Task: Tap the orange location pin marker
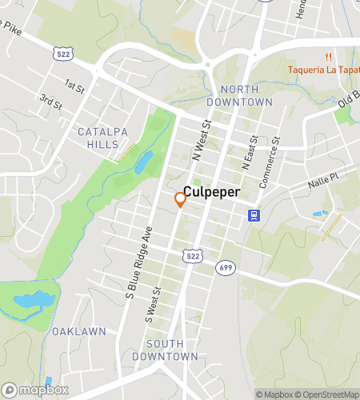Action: [x=181, y=200]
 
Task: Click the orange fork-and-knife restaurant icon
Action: [x=328, y=57]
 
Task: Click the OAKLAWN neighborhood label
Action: [x=79, y=331]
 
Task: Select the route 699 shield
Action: [x=226, y=267]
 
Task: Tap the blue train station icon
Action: [x=254, y=214]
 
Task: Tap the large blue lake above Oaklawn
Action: [x=33, y=301]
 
